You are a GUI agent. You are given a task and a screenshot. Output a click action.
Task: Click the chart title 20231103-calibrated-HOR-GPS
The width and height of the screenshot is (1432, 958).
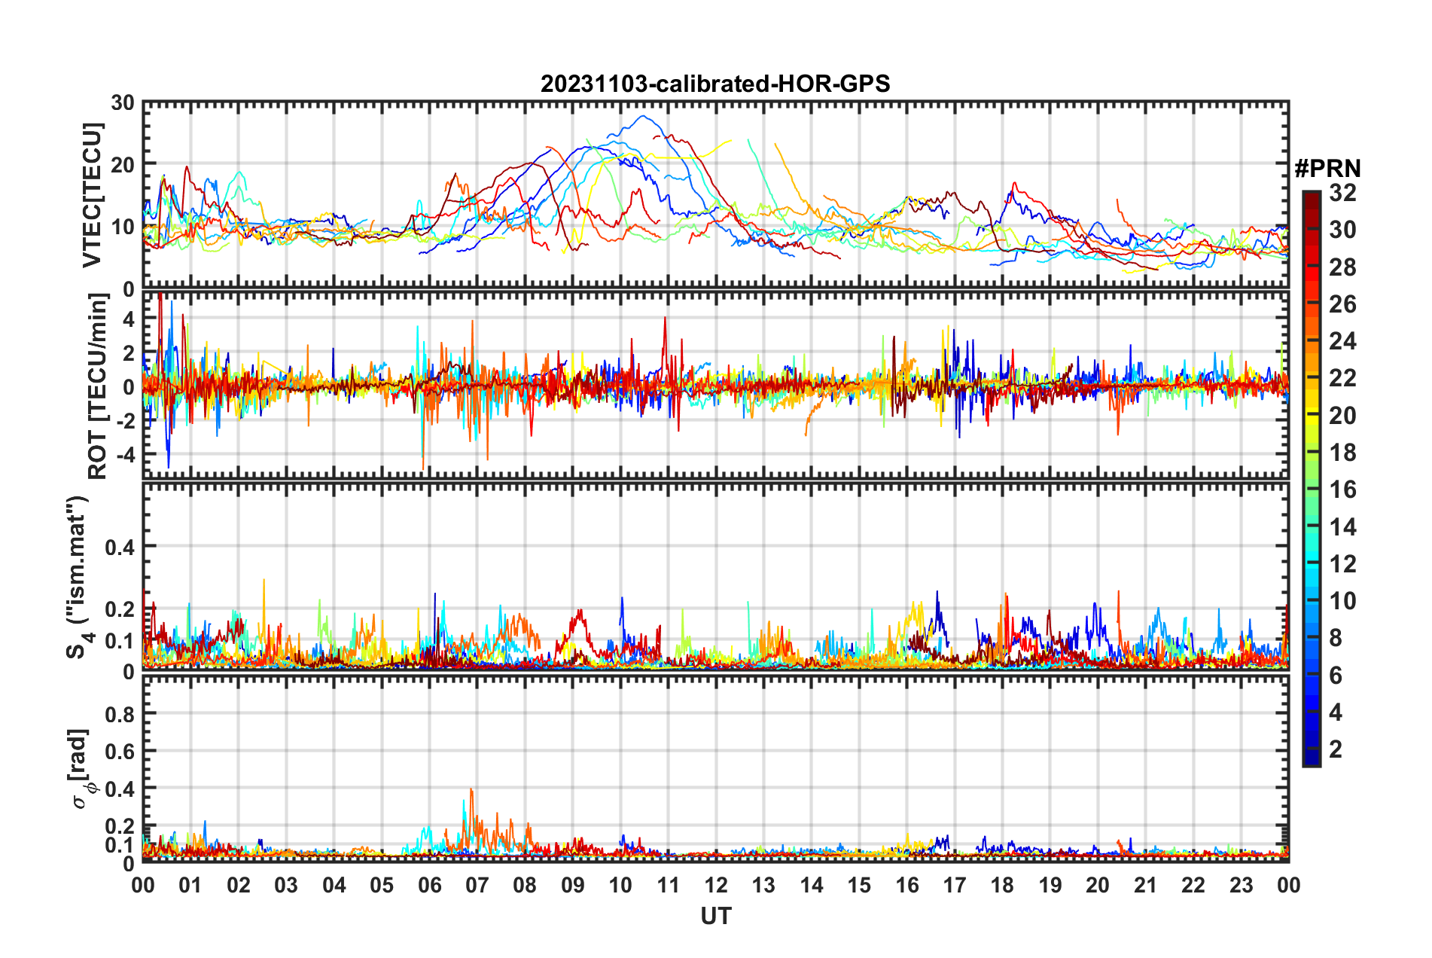tap(715, 84)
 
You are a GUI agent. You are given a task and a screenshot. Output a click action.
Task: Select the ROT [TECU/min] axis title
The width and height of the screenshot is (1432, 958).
tap(98, 386)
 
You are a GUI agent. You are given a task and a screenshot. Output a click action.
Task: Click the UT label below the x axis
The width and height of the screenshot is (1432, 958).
tap(715, 916)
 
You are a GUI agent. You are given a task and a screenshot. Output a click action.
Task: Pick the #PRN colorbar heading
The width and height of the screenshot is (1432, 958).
tap(1327, 169)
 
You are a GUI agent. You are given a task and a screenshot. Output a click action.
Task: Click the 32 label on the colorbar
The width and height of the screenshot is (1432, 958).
tap(1342, 193)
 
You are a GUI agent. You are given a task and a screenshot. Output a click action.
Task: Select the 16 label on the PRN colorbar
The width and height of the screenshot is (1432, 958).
tap(1342, 490)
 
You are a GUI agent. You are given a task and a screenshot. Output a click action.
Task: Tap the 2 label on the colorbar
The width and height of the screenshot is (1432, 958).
tap(1336, 749)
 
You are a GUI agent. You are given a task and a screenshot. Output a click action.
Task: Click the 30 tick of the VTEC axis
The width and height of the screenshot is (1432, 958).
tap(123, 103)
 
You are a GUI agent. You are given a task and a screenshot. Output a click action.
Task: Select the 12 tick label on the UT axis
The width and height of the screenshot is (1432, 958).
tap(715, 885)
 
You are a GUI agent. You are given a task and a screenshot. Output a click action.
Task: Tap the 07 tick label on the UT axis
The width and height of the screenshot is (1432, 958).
tap(477, 885)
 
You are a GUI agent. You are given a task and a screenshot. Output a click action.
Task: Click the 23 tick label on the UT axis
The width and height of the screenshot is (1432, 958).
tap(1241, 885)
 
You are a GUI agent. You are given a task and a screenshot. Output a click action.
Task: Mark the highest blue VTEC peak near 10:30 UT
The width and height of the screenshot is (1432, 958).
tap(642, 116)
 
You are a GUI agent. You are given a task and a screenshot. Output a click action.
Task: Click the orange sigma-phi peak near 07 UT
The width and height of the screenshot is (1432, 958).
tap(471, 789)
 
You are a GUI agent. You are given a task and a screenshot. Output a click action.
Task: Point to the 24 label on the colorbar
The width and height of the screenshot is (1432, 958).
tap(1342, 341)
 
